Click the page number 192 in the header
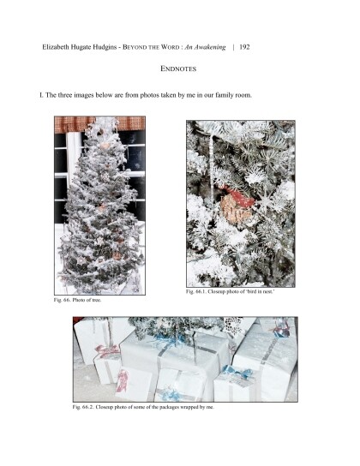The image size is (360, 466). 244,47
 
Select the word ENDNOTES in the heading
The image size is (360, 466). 178,69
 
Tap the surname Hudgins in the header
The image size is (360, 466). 105,47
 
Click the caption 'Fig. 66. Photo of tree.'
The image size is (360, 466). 78,300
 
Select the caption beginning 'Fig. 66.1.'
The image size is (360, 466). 230,291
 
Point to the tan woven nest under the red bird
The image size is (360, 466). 236,210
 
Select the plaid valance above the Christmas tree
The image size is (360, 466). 99,124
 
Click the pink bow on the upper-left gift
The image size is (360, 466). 107,350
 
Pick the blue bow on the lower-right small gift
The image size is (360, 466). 237,373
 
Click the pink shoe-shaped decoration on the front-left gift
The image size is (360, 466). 123,380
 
